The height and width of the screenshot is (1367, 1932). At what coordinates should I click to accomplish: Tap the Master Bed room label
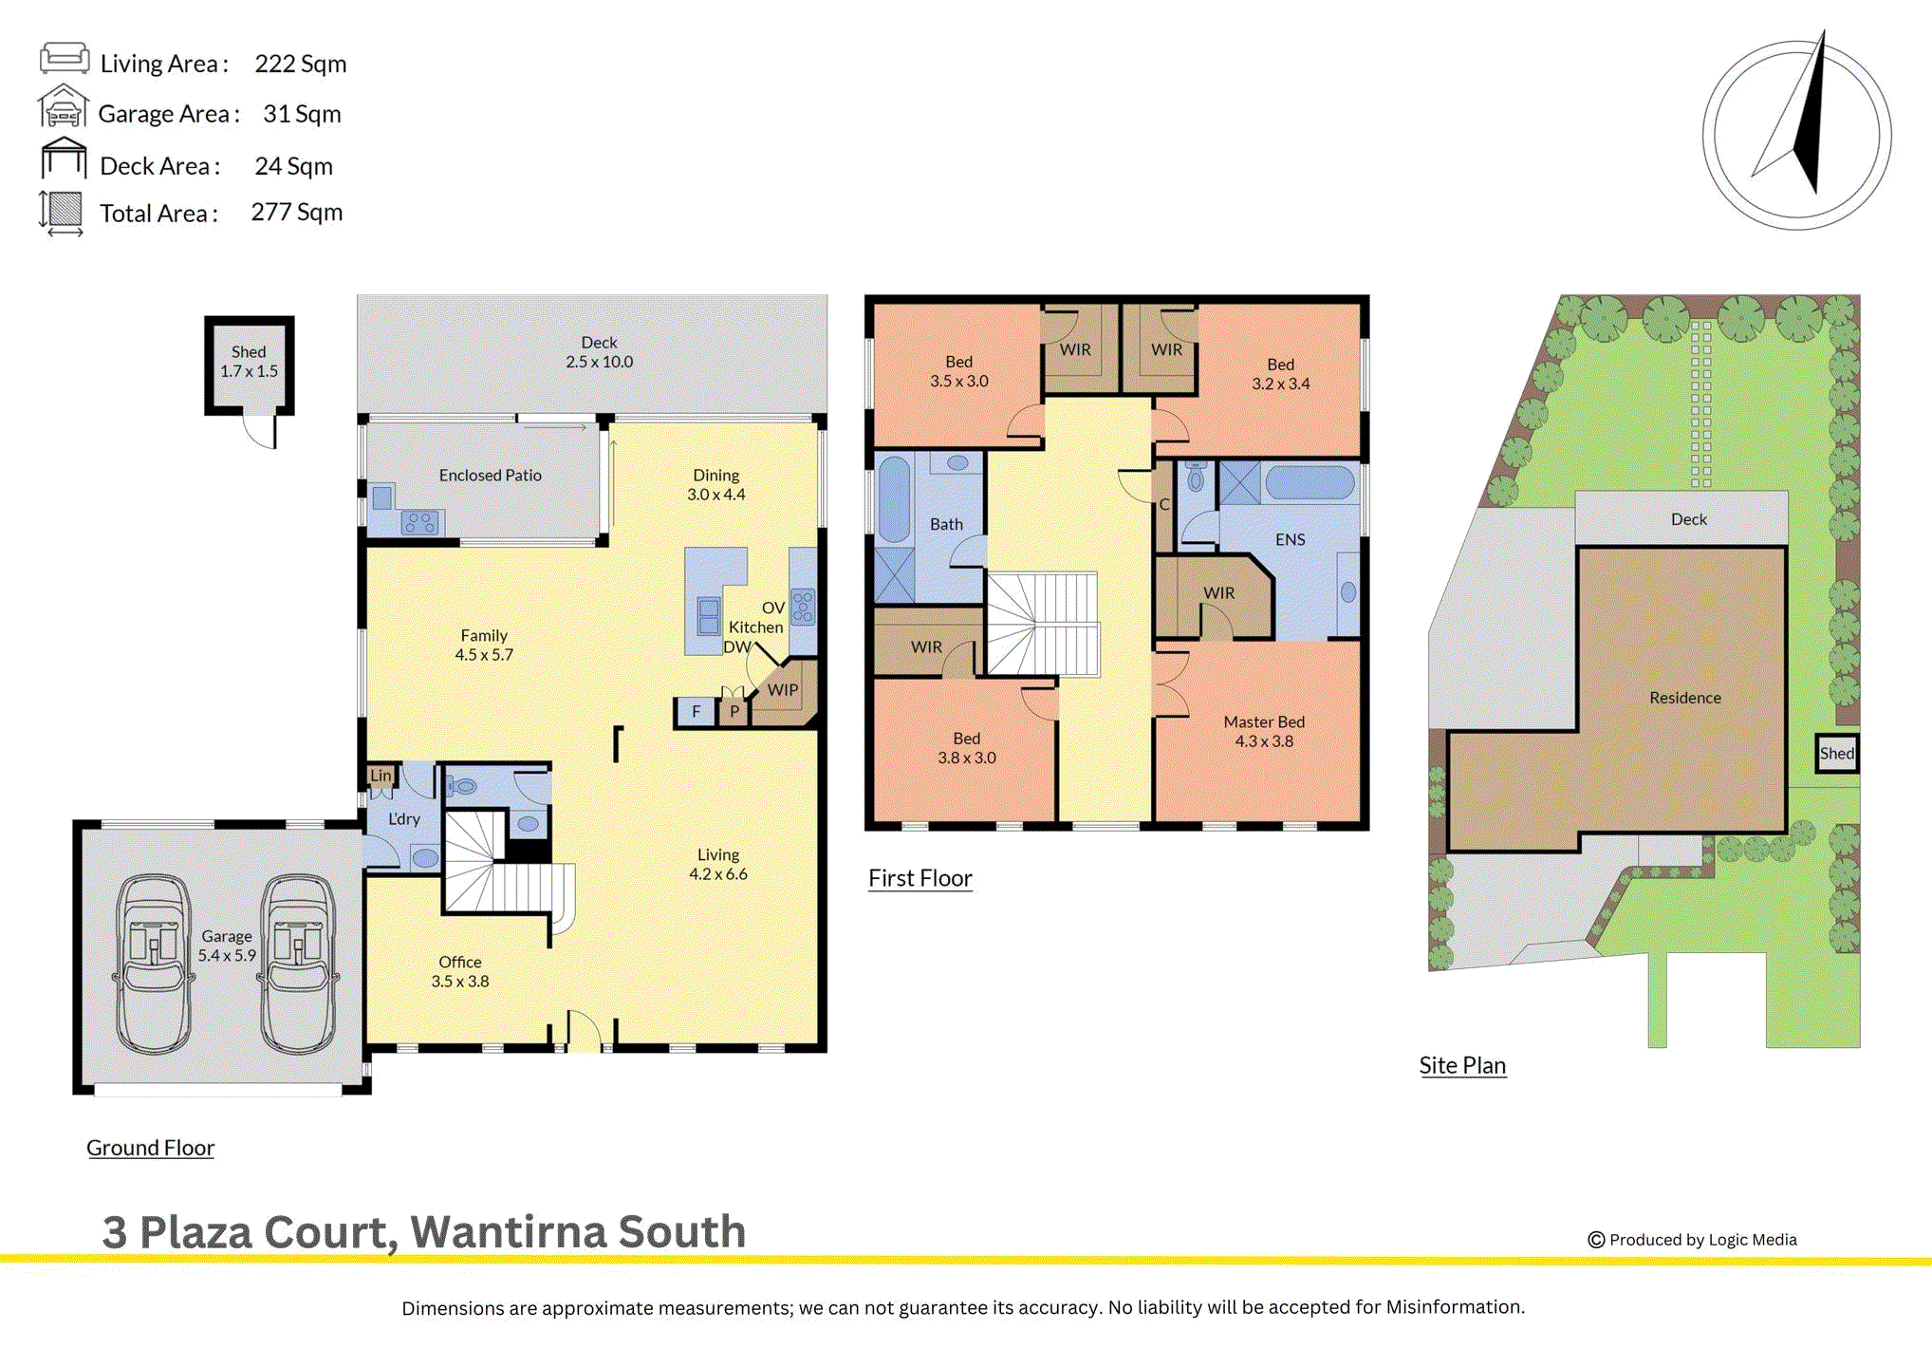[1263, 731]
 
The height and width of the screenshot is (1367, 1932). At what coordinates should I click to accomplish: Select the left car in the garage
[154, 963]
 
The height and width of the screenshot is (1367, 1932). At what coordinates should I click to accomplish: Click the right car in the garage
[299, 963]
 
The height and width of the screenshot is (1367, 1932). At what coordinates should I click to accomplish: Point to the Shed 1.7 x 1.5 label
[249, 362]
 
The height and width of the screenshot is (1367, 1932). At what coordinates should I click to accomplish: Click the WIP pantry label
[782, 690]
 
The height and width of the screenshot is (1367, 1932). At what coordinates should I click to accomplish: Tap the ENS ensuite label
[1290, 539]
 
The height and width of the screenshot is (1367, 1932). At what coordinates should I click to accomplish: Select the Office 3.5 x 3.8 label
[460, 971]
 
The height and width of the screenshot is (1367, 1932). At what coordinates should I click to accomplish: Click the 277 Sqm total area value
[296, 212]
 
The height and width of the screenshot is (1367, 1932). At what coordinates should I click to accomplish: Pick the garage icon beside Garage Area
[63, 106]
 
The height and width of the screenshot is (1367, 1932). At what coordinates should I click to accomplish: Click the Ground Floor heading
[150, 1148]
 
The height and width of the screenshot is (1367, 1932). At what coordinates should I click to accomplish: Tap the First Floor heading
[920, 878]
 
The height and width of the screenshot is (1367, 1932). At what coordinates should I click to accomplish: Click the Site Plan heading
[1462, 1065]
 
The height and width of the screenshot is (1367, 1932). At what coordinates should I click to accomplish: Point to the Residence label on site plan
[1684, 698]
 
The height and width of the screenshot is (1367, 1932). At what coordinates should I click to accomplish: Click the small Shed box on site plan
[1836, 754]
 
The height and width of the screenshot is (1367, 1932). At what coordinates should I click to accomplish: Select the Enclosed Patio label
[490, 475]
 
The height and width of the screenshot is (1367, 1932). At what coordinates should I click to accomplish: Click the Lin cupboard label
[381, 775]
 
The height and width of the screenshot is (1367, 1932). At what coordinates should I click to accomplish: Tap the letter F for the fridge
[696, 711]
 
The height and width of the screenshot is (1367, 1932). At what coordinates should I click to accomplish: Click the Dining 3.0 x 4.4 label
[715, 484]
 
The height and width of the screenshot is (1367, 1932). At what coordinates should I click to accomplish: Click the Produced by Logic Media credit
[1692, 1240]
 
